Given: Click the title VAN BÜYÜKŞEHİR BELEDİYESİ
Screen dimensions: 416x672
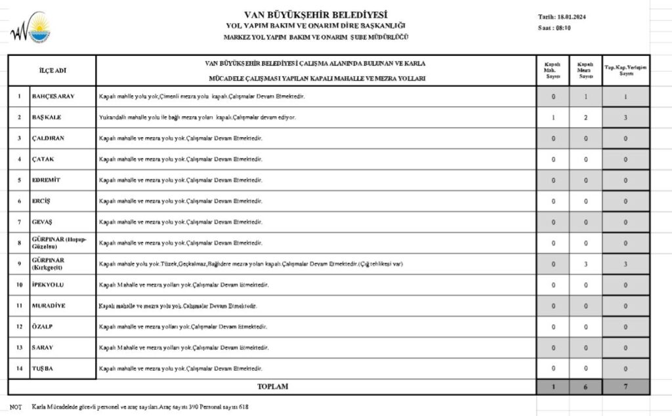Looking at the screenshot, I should tap(315, 14).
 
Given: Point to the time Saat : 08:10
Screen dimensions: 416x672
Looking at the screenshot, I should tap(555, 28).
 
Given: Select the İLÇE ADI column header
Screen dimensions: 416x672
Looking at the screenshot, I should tap(53, 70).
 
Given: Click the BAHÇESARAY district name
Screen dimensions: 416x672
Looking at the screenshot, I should tap(53, 96).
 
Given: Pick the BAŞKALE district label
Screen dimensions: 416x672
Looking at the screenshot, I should tap(47, 117).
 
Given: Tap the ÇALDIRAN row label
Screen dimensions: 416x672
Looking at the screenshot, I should tap(49, 138).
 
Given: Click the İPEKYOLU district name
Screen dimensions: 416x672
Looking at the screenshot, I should tap(49, 285).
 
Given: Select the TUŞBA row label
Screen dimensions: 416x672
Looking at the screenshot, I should tap(43, 369).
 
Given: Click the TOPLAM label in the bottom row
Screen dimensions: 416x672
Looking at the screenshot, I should tap(272, 387).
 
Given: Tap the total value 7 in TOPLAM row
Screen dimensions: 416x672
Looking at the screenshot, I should tap(625, 387).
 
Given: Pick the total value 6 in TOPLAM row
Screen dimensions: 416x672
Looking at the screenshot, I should tap(585, 387).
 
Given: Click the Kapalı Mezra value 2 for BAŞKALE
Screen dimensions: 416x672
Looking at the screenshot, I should tap(585, 117).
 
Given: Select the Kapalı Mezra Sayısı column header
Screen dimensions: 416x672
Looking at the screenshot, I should tap(585, 70).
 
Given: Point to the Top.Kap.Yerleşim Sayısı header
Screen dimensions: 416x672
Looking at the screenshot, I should tap(625, 70).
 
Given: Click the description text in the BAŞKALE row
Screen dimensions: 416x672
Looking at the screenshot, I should tap(197, 117).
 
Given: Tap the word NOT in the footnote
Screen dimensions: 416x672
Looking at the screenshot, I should tap(15, 407).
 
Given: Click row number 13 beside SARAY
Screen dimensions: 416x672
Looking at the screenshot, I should tap(19, 348).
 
